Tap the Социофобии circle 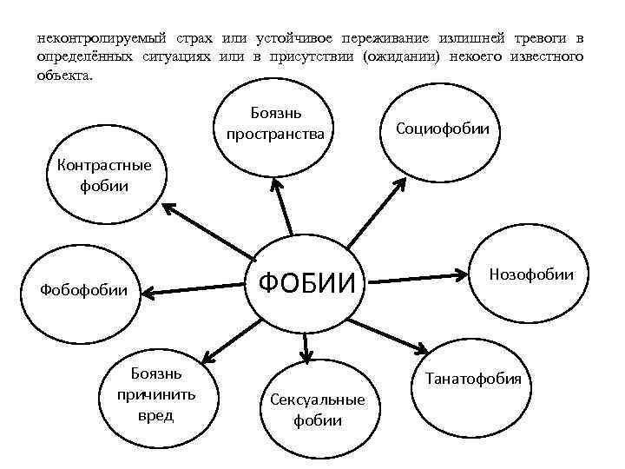click(442, 129)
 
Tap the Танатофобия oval click(473, 380)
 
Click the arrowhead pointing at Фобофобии click(148, 294)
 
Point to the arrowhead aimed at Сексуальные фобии click(306, 354)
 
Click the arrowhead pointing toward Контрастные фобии click(167, 208)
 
